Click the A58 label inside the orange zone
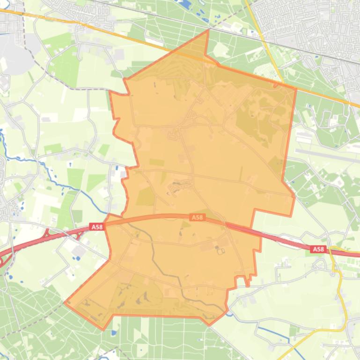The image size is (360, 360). (197, 217)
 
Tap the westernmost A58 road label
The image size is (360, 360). (96, 227)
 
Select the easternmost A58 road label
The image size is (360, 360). (318, 249)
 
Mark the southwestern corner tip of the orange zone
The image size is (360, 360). (66, 302)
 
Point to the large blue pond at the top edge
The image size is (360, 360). (185, 5)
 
